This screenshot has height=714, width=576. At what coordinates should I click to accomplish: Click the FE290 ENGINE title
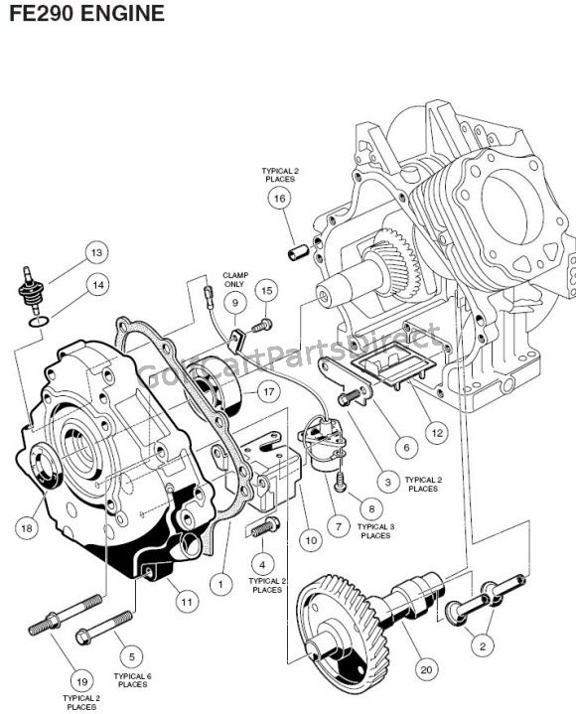(87, 13)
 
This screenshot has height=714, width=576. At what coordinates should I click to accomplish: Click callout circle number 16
(280, 198)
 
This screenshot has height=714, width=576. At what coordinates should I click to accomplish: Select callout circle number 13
(97, 252)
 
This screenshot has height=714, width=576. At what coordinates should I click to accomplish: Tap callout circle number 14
(98, 286)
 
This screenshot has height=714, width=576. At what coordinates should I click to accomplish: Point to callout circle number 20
(427, 669)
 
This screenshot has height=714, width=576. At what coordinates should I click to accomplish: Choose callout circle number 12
(437, 433)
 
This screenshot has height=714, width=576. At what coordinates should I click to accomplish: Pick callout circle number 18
(27, 528)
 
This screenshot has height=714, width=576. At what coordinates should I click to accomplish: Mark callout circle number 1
(221, 584)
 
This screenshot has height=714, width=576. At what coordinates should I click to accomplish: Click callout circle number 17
(269, 391)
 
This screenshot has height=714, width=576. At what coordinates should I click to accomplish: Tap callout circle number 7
(339, 527)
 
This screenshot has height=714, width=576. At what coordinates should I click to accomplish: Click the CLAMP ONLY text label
(235, 280)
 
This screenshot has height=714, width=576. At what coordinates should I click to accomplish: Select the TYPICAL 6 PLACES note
(132, 680)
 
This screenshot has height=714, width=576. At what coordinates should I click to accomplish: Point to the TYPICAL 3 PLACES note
(376, 531)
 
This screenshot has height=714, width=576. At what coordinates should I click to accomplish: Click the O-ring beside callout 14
(39, 322)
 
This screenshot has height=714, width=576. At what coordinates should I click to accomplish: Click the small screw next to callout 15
(262, 325)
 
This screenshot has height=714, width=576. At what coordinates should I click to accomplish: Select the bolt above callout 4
(264, 527)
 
